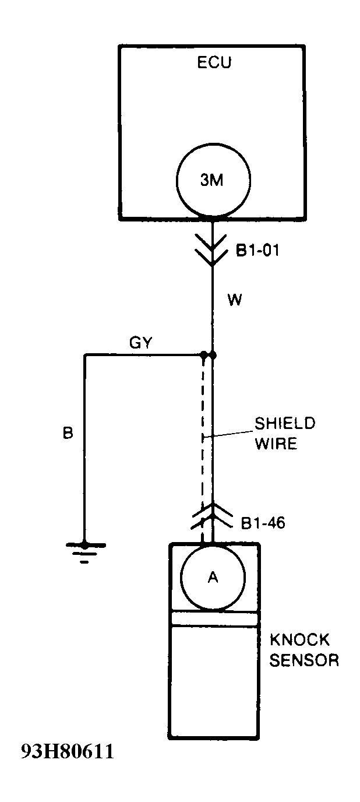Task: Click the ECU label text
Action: coord(214,62)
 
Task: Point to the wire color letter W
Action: coord(235,301)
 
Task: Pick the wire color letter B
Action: coord(68,434)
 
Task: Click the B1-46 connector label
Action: coord(263,523)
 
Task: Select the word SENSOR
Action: coord(303,660)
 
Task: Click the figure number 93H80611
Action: coord(68,751)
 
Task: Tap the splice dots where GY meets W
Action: coord(208,355)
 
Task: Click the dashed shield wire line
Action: coord(203,443)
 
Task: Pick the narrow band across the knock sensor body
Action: coord(214,618)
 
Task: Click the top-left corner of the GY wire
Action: coord(85,355)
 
